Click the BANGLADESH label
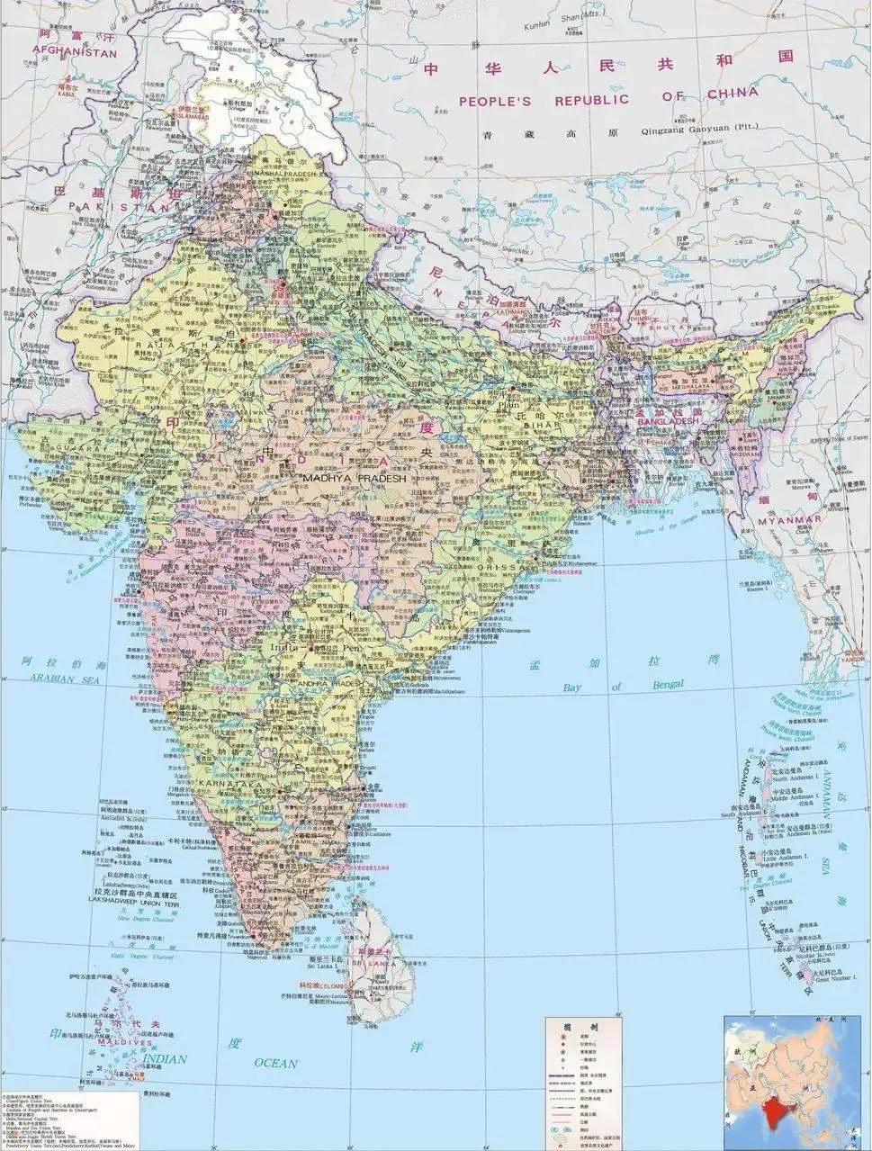pyautogui.click(x=669, y=421)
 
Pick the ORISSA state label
pyautogui.click(x=506, y=568)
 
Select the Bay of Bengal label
pyautogui.click(x=623, y=687)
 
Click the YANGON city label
pyautogui.click(x=851, y=658)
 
